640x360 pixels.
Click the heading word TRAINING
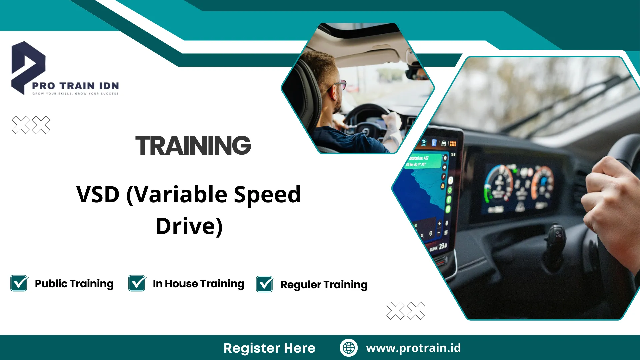coord(193,146)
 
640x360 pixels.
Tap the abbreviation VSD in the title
coord(98,194)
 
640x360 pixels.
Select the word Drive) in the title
coord(189,226)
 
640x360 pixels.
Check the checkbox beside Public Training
coord(19,283)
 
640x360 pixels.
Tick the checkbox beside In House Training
coord(137,283)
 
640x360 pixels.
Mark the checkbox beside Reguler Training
coord(265,284)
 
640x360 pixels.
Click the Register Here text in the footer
coord(269,348)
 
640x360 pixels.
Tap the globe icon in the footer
coord(349,348)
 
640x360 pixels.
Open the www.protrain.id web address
coord(413,348)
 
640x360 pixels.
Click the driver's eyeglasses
coord(340,85)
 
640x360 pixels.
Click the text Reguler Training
coord(324,285)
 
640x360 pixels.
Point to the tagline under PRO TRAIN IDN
coord(75,94)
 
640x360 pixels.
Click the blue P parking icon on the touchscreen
coord(434,143)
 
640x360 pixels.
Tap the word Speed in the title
coord(267,194)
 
